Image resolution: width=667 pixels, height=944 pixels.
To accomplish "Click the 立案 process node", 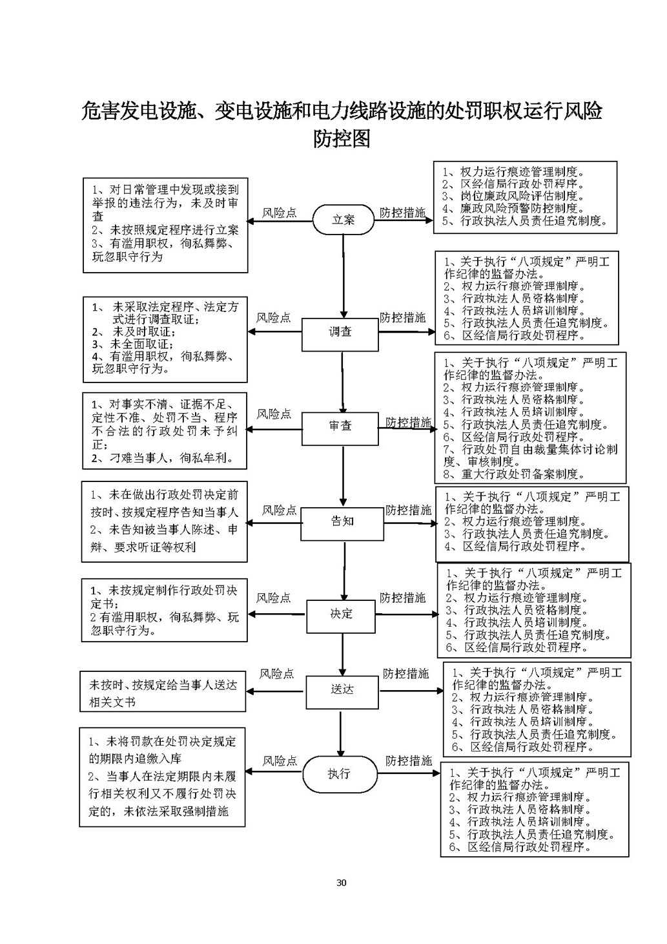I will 343,220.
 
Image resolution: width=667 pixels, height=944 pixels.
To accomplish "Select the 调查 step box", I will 340,332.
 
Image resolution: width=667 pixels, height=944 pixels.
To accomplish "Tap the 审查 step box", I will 340,427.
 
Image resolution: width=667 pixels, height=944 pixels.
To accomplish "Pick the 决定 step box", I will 341,614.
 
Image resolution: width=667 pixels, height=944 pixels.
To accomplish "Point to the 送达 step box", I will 342,689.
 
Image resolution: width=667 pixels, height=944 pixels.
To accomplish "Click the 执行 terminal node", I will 339,774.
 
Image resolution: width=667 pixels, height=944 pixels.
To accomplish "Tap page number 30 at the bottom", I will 342,883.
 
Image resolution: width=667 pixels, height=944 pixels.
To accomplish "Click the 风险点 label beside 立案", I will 280,213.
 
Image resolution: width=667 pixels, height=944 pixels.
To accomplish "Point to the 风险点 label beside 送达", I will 276,674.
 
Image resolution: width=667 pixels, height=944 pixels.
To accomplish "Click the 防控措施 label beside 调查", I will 402,317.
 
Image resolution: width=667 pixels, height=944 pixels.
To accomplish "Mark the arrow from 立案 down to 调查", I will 343,278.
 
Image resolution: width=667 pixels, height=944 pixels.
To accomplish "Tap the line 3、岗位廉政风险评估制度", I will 513,196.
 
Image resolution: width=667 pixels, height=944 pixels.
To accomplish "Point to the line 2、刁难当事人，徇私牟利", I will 160,458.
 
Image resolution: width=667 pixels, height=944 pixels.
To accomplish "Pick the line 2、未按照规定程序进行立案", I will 165,229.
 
